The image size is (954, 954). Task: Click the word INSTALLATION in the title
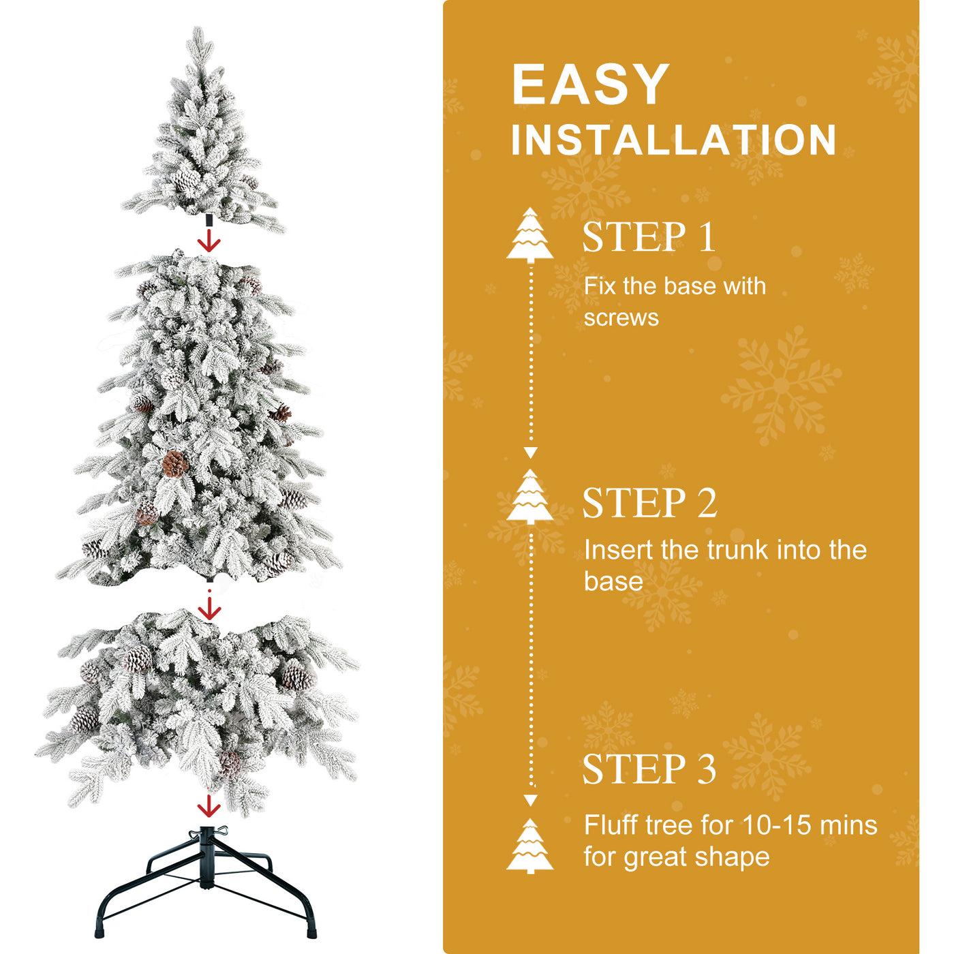click(x=673, y=140)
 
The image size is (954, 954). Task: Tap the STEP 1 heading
click(x=649, y=237)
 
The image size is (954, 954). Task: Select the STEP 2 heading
click(x=649, y=503)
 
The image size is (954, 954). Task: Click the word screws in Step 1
click(x=621, y=318)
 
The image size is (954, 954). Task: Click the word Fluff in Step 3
click(x=611, y=825)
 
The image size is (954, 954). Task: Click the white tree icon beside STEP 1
click(x=530, y=235)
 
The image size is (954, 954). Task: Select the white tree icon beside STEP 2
click(x=530, y=497)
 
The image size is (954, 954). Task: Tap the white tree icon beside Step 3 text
click(x=530, y=846)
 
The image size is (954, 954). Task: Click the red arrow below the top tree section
click(x=209, y=241)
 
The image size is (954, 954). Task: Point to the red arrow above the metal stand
click(x=209, y=806)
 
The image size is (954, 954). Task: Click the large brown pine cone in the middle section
click(x=174, y=464)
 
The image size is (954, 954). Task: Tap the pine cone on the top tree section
click(x=186, y=181)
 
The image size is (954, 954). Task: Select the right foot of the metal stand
click(x=312, y=930)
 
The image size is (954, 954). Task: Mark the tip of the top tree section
click(x=198, y=31)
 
